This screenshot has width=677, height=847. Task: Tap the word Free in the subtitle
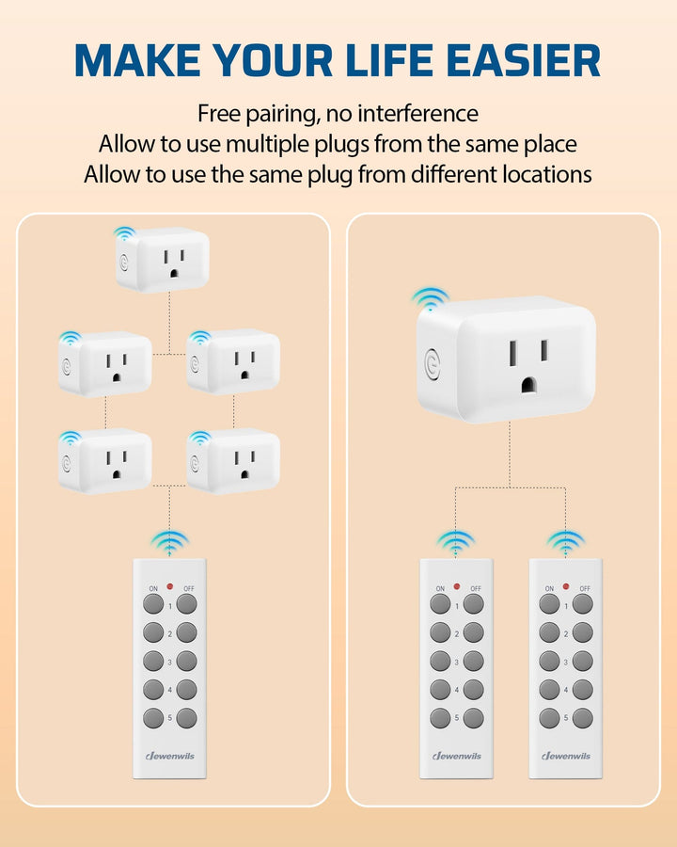(x=220, y=115)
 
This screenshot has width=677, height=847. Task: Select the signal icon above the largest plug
(x=431, y=299)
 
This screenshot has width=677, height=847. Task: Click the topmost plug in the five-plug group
(x=164, y=259)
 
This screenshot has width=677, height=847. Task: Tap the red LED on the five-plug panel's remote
(x=170, y=586)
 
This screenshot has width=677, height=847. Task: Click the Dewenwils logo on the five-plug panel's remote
(x=170, y=756)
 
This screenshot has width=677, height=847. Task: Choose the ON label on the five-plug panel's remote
(x=152, y=588)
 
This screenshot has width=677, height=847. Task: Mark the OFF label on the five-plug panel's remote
(x=188, y=588)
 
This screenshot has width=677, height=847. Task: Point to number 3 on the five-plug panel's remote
(x=170, y=663)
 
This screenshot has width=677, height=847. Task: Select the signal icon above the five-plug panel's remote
(x=170, y=542)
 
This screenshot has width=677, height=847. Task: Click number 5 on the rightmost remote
(x=566, y=718)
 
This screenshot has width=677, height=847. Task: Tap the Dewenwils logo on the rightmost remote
(x=566, y=756)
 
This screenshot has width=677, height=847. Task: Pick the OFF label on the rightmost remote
(x=584, y=588)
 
